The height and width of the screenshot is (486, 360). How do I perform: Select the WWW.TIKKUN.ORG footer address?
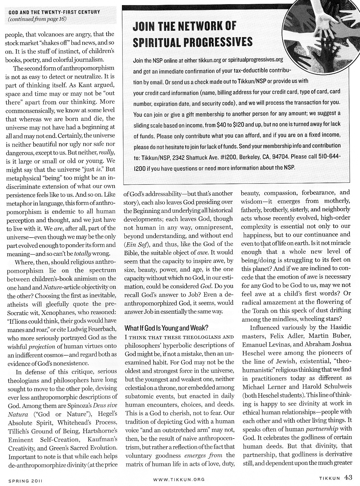click(179, 479)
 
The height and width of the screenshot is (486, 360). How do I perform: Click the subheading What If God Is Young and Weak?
click(166, 328)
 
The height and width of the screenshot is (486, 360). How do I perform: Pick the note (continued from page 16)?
click(37, 20)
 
